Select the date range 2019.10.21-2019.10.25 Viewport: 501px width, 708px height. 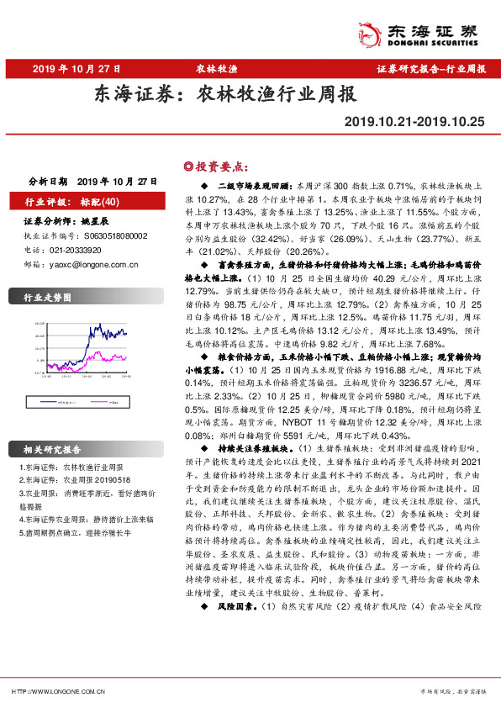point(414,122)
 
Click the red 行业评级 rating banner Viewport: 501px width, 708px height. point(75,202)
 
